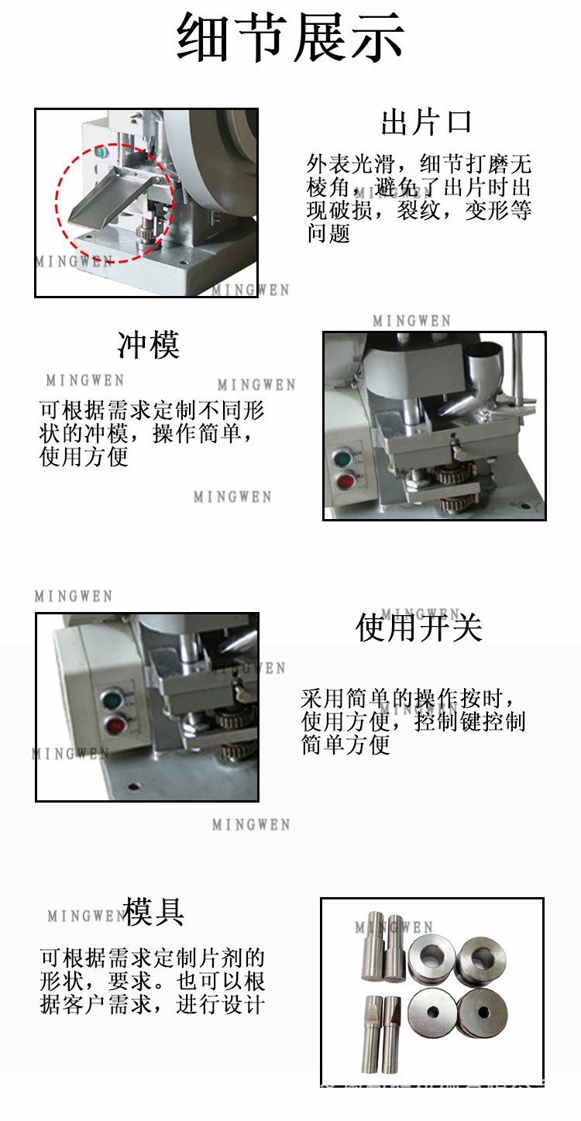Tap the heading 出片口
425,122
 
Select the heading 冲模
148,345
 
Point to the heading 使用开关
418,628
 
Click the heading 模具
153,912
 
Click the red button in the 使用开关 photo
116,727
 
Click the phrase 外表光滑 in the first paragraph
351,164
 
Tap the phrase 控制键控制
470,722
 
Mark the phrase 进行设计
220,1005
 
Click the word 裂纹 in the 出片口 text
419,210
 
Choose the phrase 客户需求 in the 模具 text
107,1005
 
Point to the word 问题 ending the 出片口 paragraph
329,233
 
